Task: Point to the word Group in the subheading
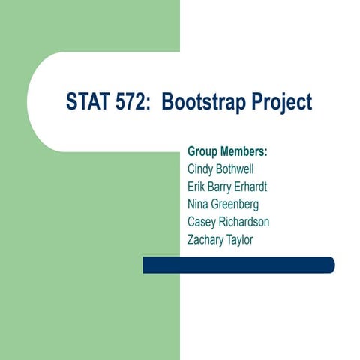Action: [x=203, y=152]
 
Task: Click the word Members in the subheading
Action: [x=244, y=151]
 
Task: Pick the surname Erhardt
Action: [x=263, y=186]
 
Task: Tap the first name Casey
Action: [x=202, y=222]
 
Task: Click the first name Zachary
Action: [x=208, y=240]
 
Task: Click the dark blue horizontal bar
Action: [x=238, y=265]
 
